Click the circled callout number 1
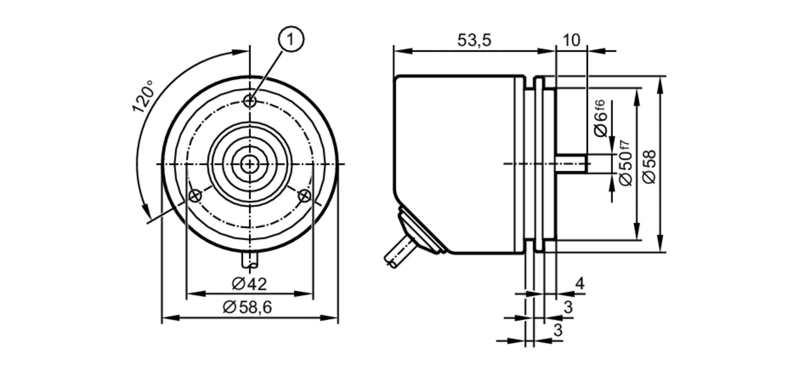pos(291,39)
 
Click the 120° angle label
pos(143,97)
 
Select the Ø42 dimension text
pos(249,284)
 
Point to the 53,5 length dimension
pos(474,40)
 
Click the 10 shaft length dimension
pos(571,40)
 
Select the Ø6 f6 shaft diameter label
pos(600,118)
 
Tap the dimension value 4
pos(580,284)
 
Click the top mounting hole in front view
pos(250,101)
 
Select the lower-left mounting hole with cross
pos(195,196)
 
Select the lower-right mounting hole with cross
pos(305,196)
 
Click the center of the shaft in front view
pos(250,164)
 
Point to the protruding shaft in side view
pos(571,164)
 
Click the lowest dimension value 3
pos(558,330)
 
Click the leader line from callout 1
pos(269,71)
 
